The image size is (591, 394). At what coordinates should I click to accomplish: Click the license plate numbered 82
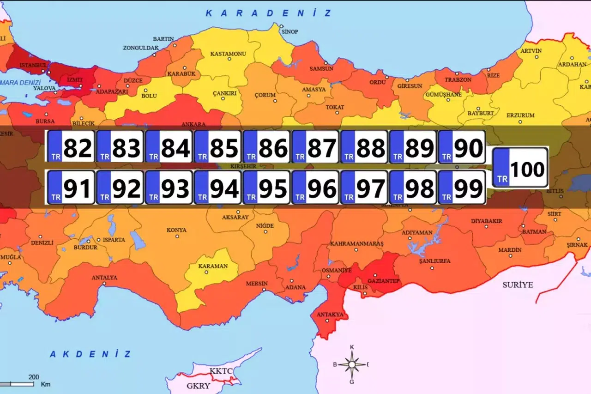pyautogui.click(x=71, y=146)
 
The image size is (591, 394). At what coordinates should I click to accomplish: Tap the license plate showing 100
pyautogui.click(x=520, y=168)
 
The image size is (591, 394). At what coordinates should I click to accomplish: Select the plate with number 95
pyautogui.click(x=266, y=187)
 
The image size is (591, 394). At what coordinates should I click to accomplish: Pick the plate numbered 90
pyautogui.click(x=462, y=146)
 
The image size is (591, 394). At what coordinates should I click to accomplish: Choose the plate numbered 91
pyautogui.click(x=71, y=187)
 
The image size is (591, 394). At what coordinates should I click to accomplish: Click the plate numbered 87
pyautogui.click(x=315, y=146)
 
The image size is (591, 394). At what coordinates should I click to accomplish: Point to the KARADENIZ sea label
pyautogui.click(x=268, y=13)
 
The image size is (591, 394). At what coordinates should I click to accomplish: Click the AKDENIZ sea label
pyautogui.click(x=90, y=354)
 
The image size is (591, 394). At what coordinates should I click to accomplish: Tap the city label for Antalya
pyautogui.click(x=105, y=278)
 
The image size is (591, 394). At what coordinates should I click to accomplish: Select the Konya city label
pyautogui.click(x=176, y=230)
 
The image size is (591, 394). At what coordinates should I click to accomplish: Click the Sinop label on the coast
pyautogui.click(x=290, y=31)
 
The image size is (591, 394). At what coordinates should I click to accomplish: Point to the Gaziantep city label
pyautogui.click(x=384, y=281)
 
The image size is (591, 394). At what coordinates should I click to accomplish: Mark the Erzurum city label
pyautogui.click(x=520, y=115)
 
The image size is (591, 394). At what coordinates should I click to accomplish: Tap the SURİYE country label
pyautogui.click(x=518, y=285)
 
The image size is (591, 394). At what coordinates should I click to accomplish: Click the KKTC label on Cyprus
pyautogui.click(x=221, y=371)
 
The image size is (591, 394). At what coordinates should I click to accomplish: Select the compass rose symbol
pyautogui.click(x=352, y=364)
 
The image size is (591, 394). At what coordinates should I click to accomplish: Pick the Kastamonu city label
pyautogui.click(x=228, y=54)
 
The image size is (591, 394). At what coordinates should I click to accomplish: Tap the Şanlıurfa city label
pyautogui.click(x=434, y=261)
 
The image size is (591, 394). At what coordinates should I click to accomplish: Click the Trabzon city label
pyautogui.click(x=458, y=79)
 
